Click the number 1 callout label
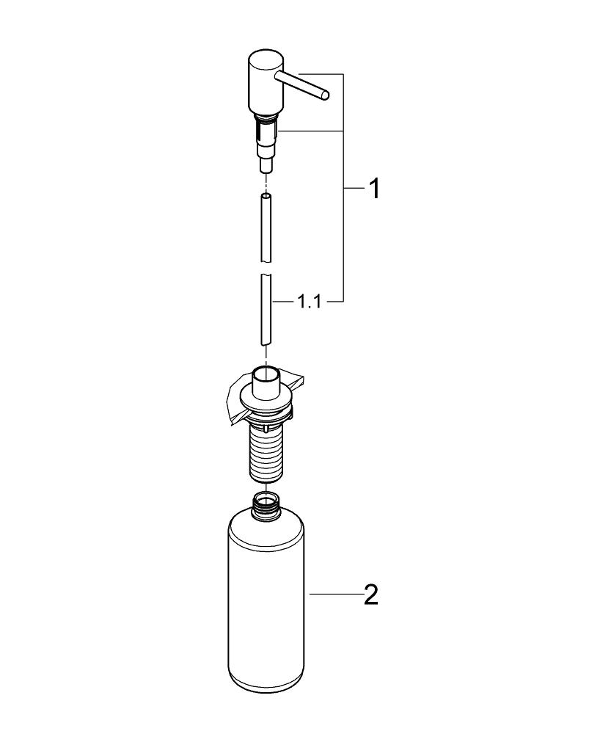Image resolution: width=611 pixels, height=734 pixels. (x=373, y=189)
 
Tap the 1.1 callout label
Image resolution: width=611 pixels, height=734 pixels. (x=310, y=302)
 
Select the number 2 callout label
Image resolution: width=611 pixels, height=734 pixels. (x=371, y=594)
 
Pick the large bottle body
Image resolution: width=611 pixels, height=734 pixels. (x=268, y=602)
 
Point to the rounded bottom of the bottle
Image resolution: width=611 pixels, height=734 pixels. (x=268, y=686)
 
